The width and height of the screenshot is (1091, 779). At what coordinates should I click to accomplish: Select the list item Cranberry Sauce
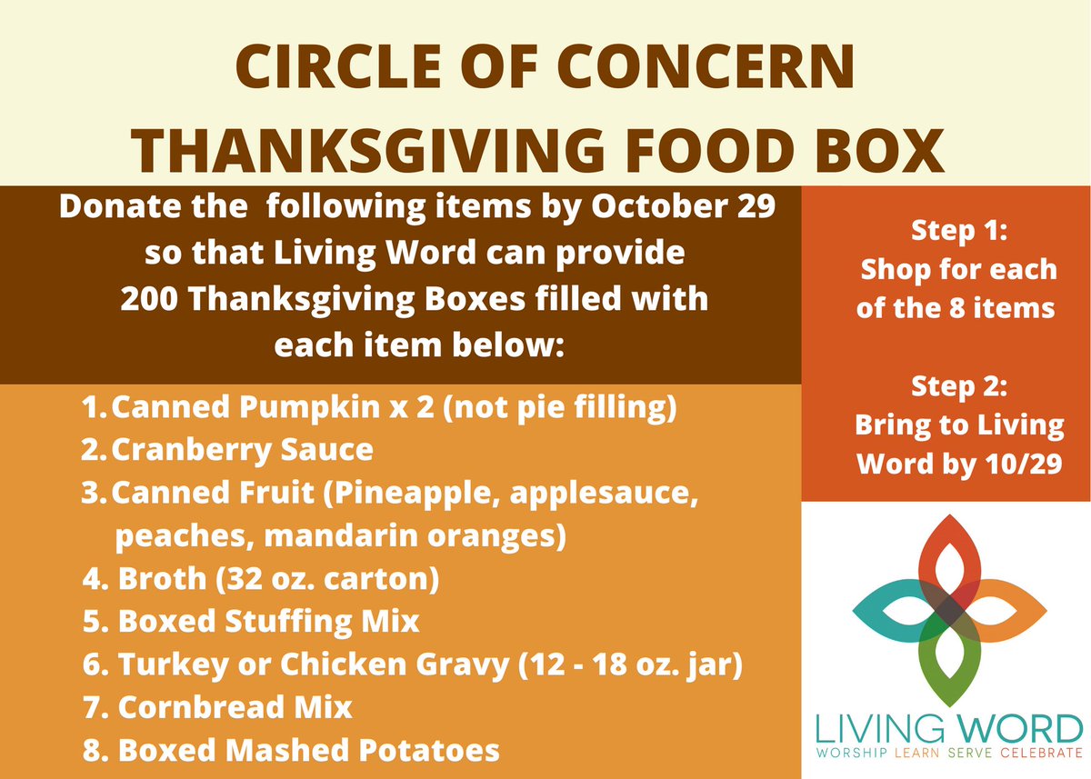(242, 450)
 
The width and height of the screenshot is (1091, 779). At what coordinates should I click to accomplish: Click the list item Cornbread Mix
(235, 707)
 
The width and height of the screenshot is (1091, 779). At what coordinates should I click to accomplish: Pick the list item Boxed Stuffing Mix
(269, 622)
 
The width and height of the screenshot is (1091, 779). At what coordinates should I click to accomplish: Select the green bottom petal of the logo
(949, 664)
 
